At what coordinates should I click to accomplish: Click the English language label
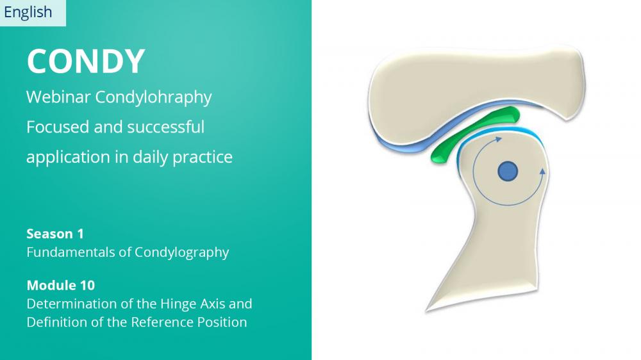(x=28, y=13)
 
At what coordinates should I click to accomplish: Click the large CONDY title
(x=86, y=61)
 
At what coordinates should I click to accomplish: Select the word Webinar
(x=58, y=97)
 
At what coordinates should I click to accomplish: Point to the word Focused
(x=58, y=127)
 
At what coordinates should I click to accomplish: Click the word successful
(x=165, y=127)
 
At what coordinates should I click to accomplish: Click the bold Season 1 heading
(x=55, y=234)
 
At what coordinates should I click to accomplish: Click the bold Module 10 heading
(x=60, y=285)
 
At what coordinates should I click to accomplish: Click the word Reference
(x=162, y=322)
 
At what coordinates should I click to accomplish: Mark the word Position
(x=222, y=322)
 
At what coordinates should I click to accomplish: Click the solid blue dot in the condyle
(x=508, y=172)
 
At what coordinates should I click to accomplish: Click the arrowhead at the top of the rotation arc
(x=499, y=140)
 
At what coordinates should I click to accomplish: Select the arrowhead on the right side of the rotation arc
(x=542, y=172)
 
